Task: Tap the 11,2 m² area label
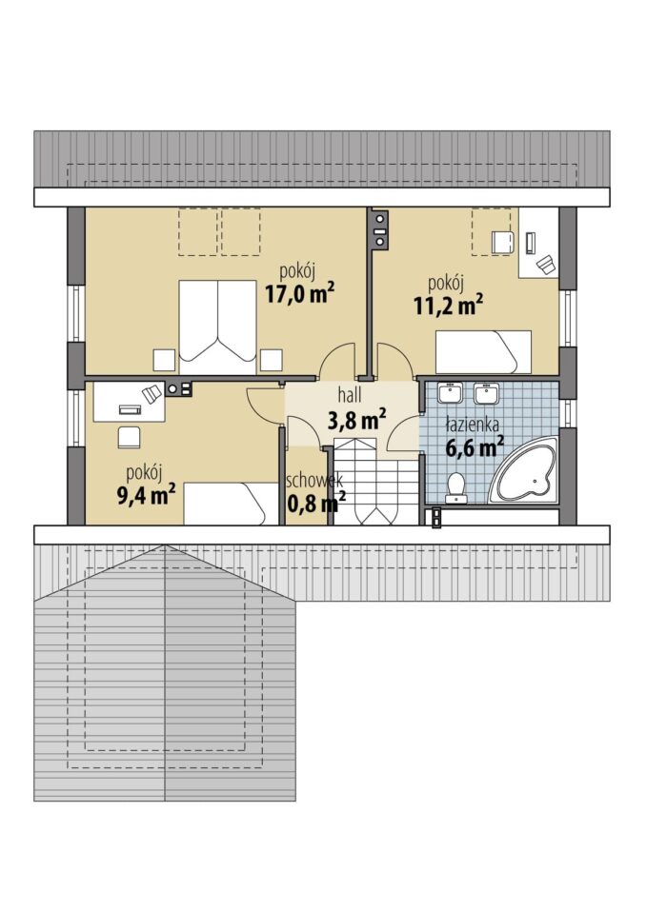[x=449, y=305]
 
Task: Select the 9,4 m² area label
[x=147, y=495]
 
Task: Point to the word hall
[x=350, y=395]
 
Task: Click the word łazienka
[x=473, y=426]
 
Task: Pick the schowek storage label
[x=314, y=481]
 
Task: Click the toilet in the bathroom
[x=455, y=487]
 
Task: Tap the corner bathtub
[x=523, y=470]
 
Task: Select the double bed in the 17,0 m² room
[x=217, y=327]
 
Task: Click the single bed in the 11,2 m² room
[x=484, y=352]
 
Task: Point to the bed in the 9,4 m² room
[x=232, y=504]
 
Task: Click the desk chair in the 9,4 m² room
[x=129, y=438]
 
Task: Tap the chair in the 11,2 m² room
[x=503, y=243]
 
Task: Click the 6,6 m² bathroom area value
[x=475, y=448]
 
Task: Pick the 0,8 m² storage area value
[x=317, y=502]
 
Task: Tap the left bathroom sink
[x=450, y=393]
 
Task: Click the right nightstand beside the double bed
[x=271, y=360]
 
